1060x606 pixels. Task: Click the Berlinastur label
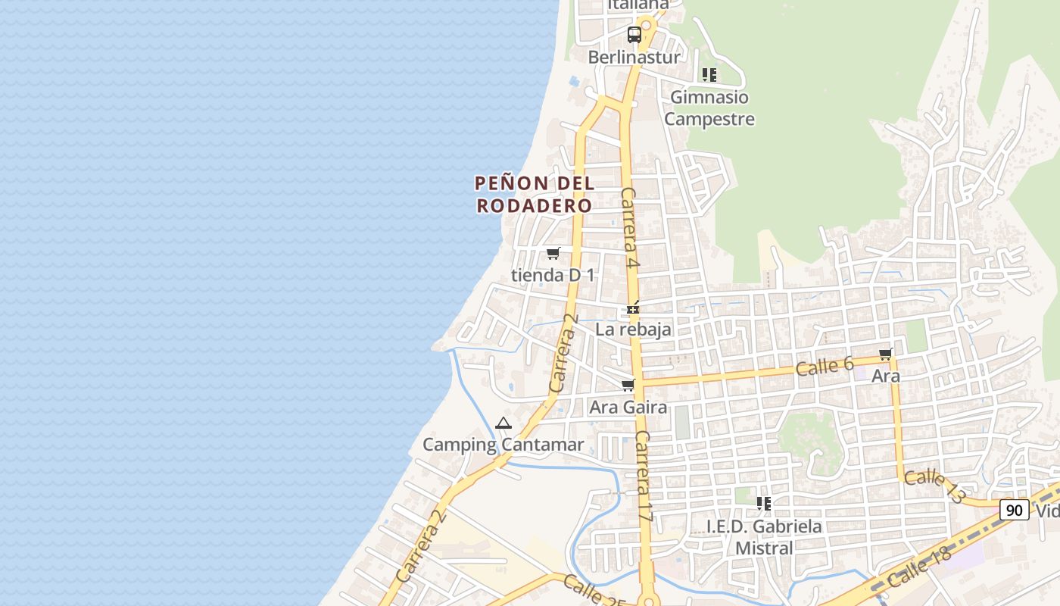click(x=634, y=57)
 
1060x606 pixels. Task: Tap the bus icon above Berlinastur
click(x=634, y=34)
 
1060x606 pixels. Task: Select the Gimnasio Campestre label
click(x=709, y=108)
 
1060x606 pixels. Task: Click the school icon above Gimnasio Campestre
click(x=709, y=74)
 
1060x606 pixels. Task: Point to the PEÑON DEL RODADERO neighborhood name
click(x=535, y=194)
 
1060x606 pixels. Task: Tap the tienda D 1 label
click(x=553, y=275)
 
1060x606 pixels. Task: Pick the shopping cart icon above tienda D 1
click(x=553, y=254)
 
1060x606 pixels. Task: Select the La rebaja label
click(x=633, y=329)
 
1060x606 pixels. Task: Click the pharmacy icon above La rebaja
click(x=633, y=308)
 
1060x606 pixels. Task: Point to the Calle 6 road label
click(x=825, y=367)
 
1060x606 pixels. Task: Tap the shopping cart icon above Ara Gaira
click(x=628, y=386)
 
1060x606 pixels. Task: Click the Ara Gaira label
click(x=628, y=407)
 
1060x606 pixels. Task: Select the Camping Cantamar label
click(x=503, y=445)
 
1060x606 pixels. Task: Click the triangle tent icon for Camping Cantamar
click(x=503, y=423)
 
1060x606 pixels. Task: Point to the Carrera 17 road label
click(x=644, y=475)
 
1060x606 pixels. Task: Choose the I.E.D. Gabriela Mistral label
click(x=764, y=536)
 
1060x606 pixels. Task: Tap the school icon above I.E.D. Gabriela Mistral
click(x=764, y=503)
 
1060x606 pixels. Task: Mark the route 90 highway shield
click(x=1014, y=510)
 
